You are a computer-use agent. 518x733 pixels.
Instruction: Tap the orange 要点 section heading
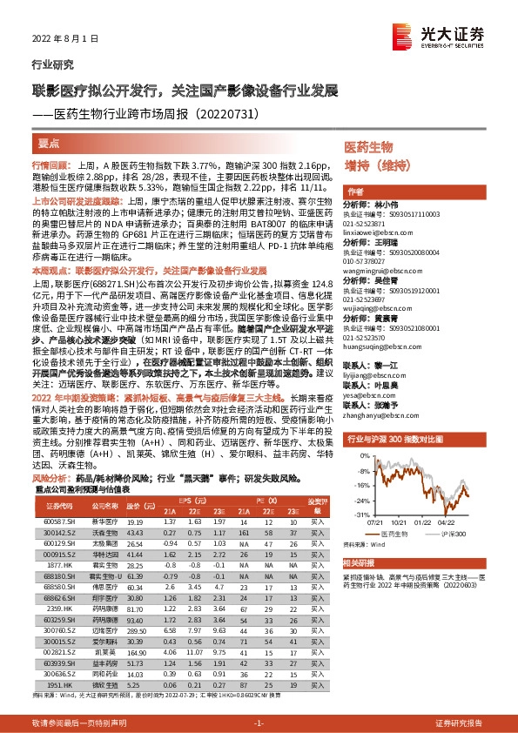point(50,142)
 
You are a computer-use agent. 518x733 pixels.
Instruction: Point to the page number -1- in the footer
point(258,723)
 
